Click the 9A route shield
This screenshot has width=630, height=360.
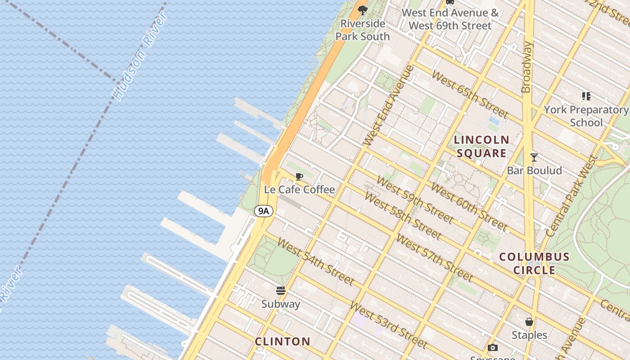coord(264,211)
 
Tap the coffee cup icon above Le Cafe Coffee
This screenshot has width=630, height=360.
coord(299,176)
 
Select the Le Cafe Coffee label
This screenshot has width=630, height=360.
coord(299,189)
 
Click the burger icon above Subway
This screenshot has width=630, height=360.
coord(281,291)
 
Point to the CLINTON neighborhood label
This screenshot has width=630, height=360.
coord(283,341)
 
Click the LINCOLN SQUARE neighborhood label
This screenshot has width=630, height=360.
coord(481,146)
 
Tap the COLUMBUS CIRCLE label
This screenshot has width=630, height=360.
coord(535,263)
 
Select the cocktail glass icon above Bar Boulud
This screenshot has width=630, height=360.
coord(534,157)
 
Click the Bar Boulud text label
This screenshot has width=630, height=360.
coord(534,171)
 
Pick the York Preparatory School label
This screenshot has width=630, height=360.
coord(586,116)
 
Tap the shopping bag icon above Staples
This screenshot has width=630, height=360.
coord(529,322)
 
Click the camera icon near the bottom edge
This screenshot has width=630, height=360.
coord(493,347)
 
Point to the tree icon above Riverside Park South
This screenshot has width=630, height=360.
coord(363,10)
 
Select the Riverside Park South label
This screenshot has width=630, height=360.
coord(363,30)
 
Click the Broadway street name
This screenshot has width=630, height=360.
coord(527,67)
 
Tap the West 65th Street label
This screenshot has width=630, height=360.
coord(469,94)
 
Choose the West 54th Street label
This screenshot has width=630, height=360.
coord(315,261)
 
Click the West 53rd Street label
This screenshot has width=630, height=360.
coord(388,324)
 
